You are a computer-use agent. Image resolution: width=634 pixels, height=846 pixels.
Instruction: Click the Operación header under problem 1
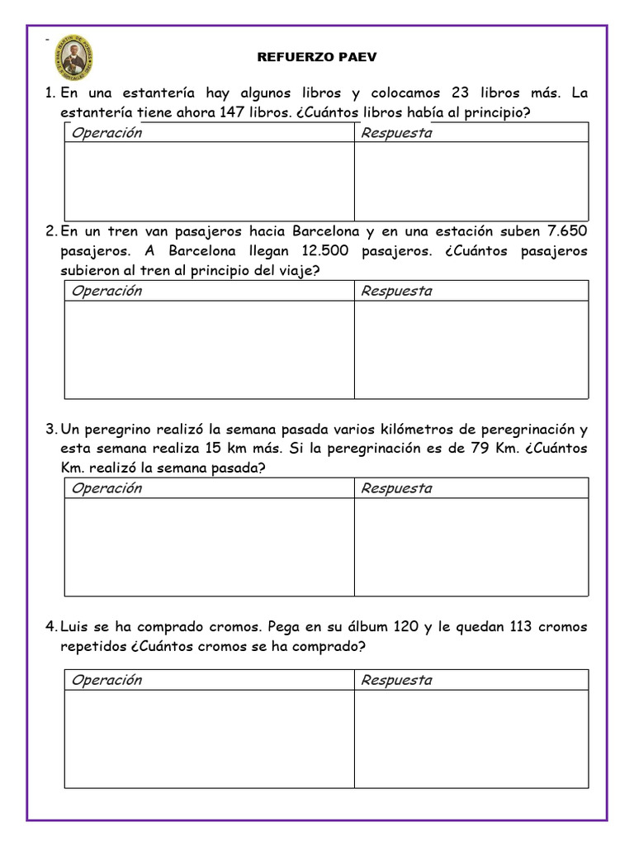point(106,133)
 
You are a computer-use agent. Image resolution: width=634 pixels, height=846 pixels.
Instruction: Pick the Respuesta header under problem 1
point(396,133)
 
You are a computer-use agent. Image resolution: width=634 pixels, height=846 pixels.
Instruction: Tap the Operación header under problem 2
point(106,291)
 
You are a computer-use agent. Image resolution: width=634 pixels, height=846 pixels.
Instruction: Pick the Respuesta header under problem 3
point(396,488)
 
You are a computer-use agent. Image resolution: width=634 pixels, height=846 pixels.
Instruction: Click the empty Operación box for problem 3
point(210,547)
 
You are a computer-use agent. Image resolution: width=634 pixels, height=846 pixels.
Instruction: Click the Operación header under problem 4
point(106,680)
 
